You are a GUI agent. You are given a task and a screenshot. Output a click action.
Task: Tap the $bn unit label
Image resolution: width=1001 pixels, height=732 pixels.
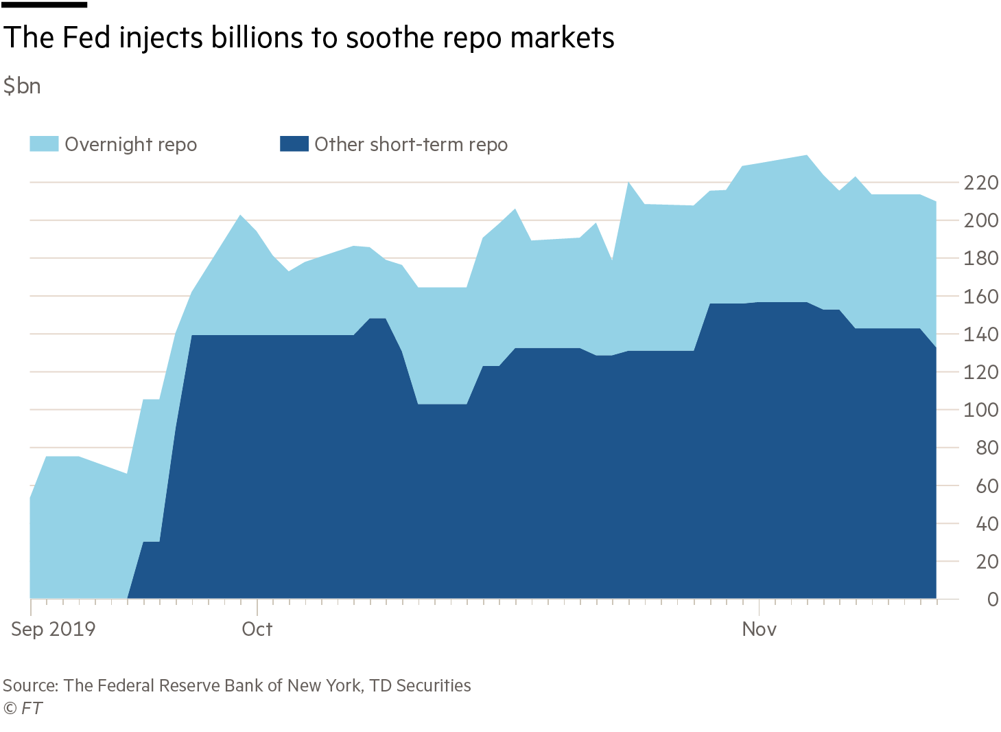pyautogui.click(x=22, y=87)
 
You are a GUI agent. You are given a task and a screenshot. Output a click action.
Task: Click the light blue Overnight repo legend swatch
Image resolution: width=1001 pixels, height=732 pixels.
pyautogui.click(x=44, y=144)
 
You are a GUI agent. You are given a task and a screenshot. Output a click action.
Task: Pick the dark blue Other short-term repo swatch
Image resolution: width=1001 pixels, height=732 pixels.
pyautogui.click(x=294, y=144)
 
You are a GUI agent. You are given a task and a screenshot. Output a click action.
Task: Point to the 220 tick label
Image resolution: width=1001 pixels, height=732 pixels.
pyautogui.click(x=980, y=183)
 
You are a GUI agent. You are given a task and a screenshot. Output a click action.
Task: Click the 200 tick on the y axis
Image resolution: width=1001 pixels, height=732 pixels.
pyautogui.click(x=980, y=220)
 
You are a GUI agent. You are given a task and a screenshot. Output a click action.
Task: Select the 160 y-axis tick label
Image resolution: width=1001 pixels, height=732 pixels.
pyautogui.click(x=980, y=297)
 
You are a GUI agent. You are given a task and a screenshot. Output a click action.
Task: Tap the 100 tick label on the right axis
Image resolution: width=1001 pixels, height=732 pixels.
pyautogui.click(x=980, y=410)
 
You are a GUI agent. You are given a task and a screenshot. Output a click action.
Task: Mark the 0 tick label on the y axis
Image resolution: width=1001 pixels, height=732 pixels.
pyautogui.click(x=992, y=599)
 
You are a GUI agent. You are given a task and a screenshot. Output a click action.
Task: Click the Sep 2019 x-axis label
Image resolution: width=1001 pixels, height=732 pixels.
pyautogui.click(x=53, y=629)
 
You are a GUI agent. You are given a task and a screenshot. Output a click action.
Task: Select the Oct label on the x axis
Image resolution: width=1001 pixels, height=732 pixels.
pyautogui.click(x=257, y=629)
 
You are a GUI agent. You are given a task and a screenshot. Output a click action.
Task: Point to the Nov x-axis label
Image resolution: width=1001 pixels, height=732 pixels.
pyautogui.click(x=759, y=629)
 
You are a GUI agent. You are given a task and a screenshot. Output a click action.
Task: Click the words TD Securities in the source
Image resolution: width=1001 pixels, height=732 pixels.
pyautogui.click(x=420, y=685)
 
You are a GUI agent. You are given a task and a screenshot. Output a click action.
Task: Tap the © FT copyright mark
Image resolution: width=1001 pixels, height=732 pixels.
pyautogui.click(x=23, y=708)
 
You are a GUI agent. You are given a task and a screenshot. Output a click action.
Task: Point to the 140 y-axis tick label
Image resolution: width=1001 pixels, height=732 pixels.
pyautogui.click(x=980, y=334)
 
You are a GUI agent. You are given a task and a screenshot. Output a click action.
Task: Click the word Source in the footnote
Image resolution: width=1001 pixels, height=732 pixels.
pyautogui.click(x=30, y=685)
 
